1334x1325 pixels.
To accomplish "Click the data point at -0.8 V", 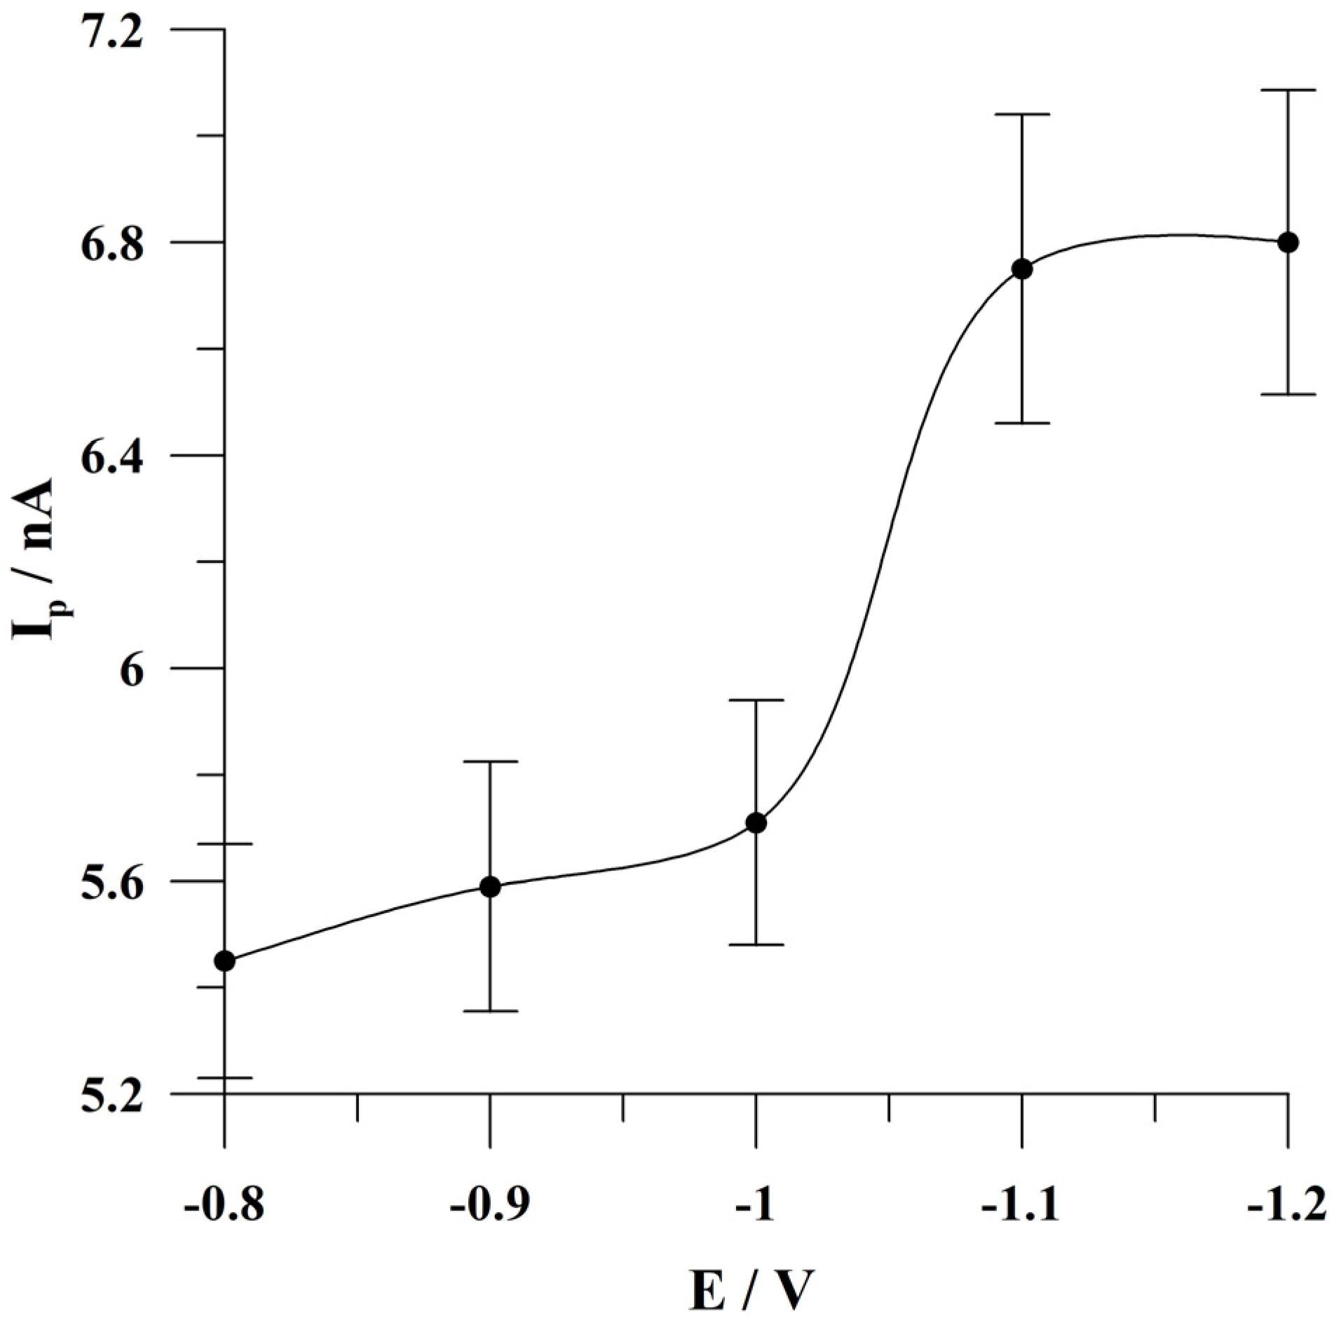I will [224, 960].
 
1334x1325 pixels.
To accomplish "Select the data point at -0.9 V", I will [490, 887].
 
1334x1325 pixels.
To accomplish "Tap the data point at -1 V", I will [756, 823].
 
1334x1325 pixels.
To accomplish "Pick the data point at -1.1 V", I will [1022, 269].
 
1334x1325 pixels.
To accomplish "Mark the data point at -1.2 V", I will [1288, 243].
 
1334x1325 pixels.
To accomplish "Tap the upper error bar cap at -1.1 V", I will [1022, 114].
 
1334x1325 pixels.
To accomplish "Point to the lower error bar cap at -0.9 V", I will [490, 1011].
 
